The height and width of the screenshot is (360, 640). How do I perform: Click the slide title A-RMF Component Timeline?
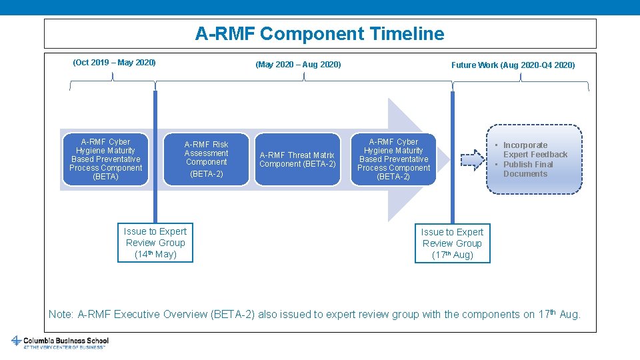[x=319, y=33]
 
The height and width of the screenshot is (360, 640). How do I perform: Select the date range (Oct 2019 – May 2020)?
[x=114, y=63]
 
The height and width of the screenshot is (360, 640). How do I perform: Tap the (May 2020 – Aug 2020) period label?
[x=298, y=65]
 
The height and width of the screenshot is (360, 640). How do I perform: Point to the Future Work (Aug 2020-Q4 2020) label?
[x=513, y=65]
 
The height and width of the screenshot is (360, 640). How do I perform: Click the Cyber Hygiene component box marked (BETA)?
[x=105, y=159]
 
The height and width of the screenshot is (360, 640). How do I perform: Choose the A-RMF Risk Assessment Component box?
[x=206, y=159]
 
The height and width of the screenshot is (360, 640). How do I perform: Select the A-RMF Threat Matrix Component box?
[x=297, y=159]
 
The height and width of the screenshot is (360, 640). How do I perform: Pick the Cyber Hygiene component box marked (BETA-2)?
[x=393, y=159]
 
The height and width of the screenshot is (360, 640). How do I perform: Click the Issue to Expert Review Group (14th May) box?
[x=155, y=243]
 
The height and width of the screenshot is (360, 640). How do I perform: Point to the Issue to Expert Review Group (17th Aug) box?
[x=452, y=243]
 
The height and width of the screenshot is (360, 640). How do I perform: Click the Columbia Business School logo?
[x=59, y=342]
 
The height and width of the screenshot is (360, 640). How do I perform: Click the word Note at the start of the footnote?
[x=61, y=314]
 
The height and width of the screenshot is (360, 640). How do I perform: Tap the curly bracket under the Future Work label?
[x=521, y=83]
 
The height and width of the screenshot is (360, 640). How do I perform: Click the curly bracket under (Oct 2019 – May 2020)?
[x=113, y=83]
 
